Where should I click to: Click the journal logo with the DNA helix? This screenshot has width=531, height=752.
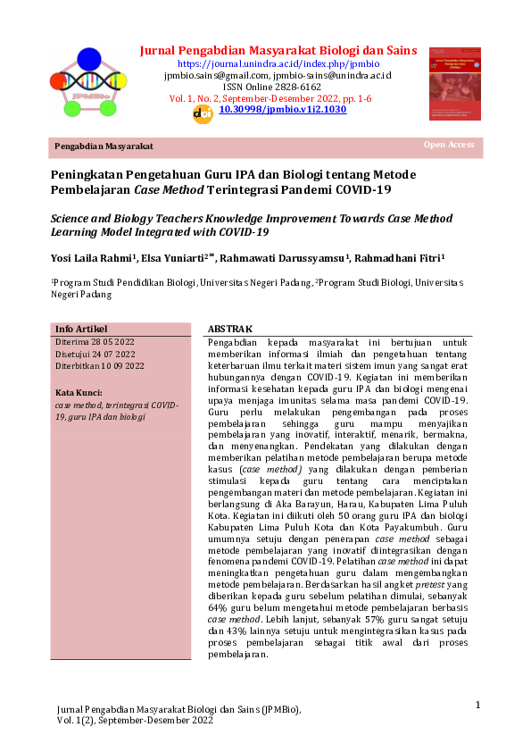89,82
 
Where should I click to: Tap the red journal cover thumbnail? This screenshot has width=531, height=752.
455,83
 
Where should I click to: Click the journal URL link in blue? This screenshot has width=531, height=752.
278,63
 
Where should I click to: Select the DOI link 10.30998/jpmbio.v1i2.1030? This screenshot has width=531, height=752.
283,109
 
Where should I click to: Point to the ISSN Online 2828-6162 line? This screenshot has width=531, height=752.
278,87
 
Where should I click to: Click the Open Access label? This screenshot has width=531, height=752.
449,145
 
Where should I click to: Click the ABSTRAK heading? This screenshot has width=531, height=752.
230,330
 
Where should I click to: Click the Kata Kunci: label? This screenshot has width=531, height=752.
79,392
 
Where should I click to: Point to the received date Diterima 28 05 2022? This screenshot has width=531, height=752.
95,341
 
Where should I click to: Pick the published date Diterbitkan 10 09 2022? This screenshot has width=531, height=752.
100,365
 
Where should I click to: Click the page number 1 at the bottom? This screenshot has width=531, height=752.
477,706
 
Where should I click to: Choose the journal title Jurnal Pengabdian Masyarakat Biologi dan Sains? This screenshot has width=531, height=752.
278,50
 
